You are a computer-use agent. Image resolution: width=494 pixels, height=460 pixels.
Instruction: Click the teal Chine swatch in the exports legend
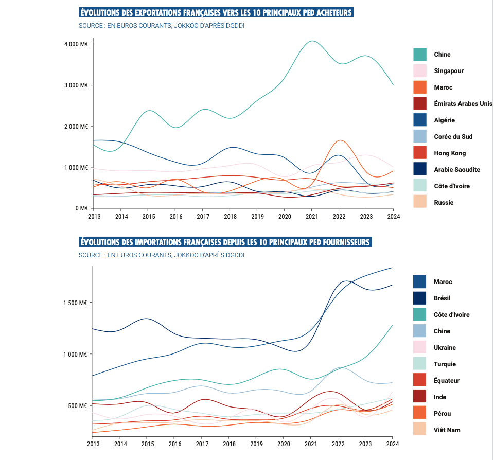point(420,55)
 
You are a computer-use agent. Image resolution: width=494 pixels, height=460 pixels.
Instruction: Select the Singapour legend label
point(449,71)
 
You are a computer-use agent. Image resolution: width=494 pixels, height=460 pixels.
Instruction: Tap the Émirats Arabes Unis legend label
point(463,104)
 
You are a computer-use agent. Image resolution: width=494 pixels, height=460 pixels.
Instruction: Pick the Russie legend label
point(444,203)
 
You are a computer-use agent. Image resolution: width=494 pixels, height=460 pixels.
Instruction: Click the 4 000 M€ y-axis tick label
point(76,44)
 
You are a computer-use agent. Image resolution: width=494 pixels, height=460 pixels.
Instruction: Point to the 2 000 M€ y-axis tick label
point(76,127)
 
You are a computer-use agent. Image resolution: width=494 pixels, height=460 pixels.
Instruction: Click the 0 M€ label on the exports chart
point(80,208)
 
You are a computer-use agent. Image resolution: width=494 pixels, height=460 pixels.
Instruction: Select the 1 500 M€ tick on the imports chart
point(76,303)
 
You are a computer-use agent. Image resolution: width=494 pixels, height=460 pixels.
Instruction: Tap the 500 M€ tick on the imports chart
point(78,406)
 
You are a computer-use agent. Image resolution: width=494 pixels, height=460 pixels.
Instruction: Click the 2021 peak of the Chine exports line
point(312,41)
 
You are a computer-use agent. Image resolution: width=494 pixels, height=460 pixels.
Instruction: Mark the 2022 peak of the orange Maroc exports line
point(340,140)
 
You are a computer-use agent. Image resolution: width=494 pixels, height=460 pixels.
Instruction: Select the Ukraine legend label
point(445,348)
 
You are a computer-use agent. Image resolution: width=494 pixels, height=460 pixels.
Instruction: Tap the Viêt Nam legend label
point(447,430)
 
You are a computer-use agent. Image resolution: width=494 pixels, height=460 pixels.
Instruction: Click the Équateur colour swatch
point(420,381)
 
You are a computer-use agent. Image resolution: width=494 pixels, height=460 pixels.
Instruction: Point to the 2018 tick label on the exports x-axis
point(230,217)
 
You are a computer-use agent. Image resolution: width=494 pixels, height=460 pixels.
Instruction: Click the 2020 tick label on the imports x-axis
point(284,444)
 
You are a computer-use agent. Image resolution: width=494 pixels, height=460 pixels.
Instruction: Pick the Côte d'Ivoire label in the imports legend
point(452,315)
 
